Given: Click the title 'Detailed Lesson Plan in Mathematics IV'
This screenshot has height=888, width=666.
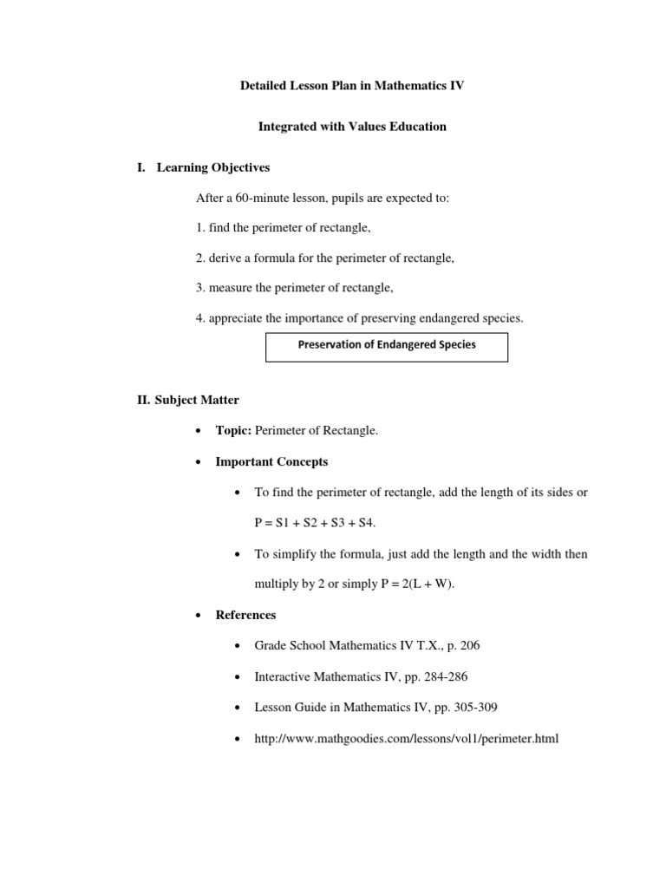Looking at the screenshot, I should coord(352,88).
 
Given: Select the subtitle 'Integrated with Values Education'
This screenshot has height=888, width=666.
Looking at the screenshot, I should coord(352,127).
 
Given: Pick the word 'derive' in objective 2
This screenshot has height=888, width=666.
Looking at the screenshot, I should coord(225,258).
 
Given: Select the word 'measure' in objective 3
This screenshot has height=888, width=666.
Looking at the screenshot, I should coord(229,288).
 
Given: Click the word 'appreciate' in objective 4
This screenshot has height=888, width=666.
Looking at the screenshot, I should coord(234,318).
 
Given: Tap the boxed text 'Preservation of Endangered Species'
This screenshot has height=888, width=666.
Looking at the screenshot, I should coord(387,344).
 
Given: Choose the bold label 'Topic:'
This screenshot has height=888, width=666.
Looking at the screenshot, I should coord(233,431).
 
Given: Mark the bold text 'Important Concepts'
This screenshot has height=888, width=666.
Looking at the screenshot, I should coord(271,461).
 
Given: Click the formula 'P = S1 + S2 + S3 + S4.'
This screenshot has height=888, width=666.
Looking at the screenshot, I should coord(316,523).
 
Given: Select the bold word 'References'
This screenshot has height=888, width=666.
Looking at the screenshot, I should coord(245,615).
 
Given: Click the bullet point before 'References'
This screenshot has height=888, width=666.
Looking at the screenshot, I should coord(199,616).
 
